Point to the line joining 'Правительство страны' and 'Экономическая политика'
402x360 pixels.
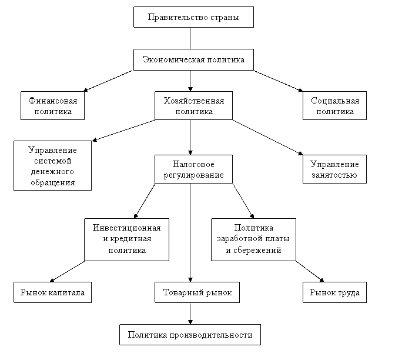(x=190, y=38)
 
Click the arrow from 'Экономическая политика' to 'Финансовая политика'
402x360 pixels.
(x=108, y=81)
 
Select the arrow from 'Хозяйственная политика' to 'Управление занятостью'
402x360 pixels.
(x=267, y=137)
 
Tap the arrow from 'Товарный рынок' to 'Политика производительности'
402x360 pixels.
(x=190, y=314)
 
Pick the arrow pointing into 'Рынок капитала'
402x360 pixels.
(x=67, y=272)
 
